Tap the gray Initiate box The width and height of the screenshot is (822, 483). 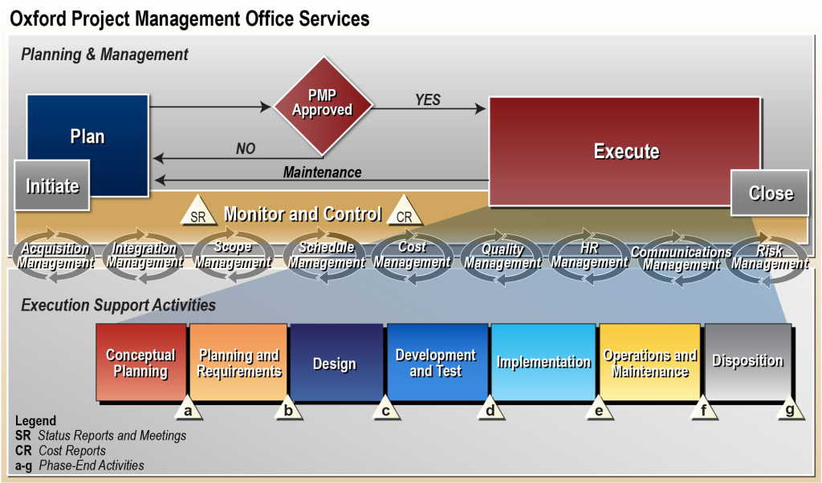52,185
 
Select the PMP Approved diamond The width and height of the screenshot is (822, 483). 323,106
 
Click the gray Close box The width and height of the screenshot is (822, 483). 770,193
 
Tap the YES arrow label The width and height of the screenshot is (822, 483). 428,99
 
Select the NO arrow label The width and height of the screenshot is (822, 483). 246,148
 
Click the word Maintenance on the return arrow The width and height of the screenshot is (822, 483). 322,172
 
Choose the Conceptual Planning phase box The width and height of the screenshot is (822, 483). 141,362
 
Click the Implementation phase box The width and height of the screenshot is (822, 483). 543,362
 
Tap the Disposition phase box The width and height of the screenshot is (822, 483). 748,362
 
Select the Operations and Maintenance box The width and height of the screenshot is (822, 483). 649,362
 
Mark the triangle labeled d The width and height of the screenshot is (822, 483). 490,408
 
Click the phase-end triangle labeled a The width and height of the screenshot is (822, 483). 188,408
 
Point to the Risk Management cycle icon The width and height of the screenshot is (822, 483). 769,258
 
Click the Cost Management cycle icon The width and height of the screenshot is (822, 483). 412,255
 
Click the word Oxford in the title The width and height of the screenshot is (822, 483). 39,19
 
